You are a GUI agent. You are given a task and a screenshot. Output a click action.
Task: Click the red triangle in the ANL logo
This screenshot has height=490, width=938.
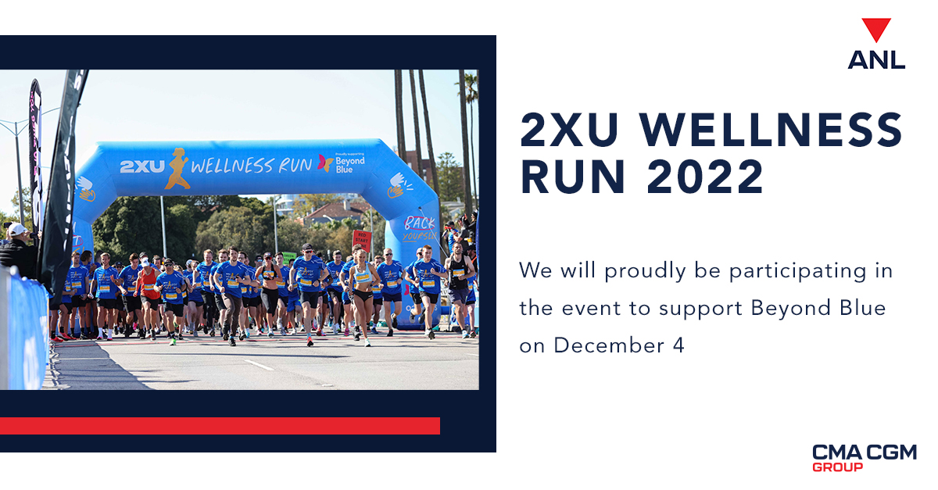pyautogui.click(x=876, y=30)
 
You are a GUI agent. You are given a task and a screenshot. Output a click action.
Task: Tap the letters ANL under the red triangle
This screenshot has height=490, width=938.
pyautogui.click(x=876, y=59)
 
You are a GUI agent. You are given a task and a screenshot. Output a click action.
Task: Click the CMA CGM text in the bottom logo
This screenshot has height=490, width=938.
pyautogui.click(x=864, y=452)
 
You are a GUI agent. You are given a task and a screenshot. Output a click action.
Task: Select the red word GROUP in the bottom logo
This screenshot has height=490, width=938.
pyautogui.click(x=837, y=467)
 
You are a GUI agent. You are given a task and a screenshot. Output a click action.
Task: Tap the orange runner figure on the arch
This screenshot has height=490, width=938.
pyautogui.click(x=177, y=167)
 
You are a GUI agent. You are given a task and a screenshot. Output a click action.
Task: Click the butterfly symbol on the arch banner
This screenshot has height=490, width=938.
pyautogui.click(x=324, y=163)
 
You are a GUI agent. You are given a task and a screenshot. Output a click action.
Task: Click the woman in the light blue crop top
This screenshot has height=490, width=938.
pyautogui.click(x=361, y=285)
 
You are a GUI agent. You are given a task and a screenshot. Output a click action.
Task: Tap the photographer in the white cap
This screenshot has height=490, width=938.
pyautogui.click(x=16, y=245)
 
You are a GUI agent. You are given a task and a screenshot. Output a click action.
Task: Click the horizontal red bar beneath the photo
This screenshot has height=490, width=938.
pyautogui.click(x=220, y=425)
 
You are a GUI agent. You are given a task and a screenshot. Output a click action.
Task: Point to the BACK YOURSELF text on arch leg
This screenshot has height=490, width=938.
pyautogui.click(x=419, y=227)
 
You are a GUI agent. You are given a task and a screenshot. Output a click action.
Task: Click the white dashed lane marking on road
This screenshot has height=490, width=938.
pyautogui.click(x=259, y=365)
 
